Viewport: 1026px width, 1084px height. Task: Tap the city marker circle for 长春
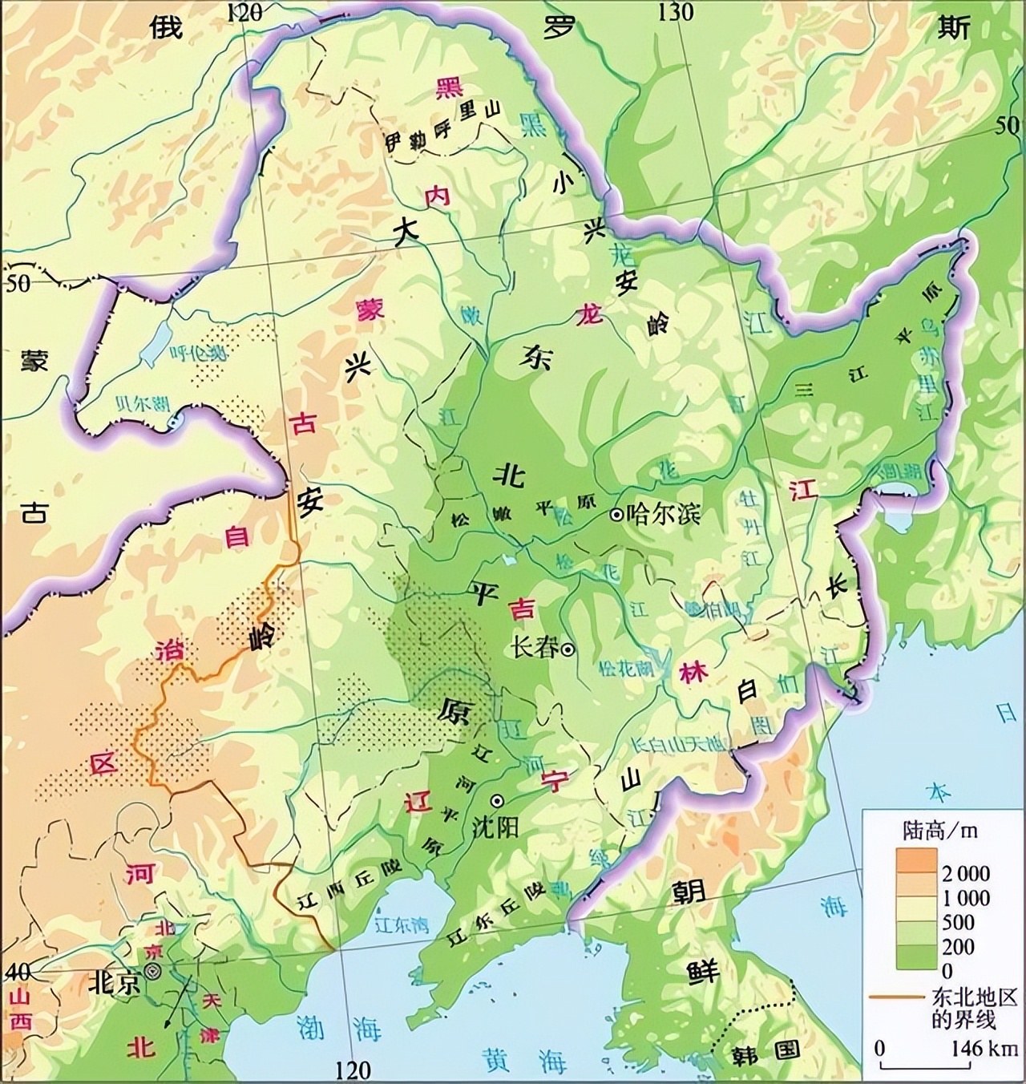pyautogui.click(x=568, y=650)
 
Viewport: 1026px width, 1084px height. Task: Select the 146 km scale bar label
pyautogui.click(x=984, y=1048)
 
